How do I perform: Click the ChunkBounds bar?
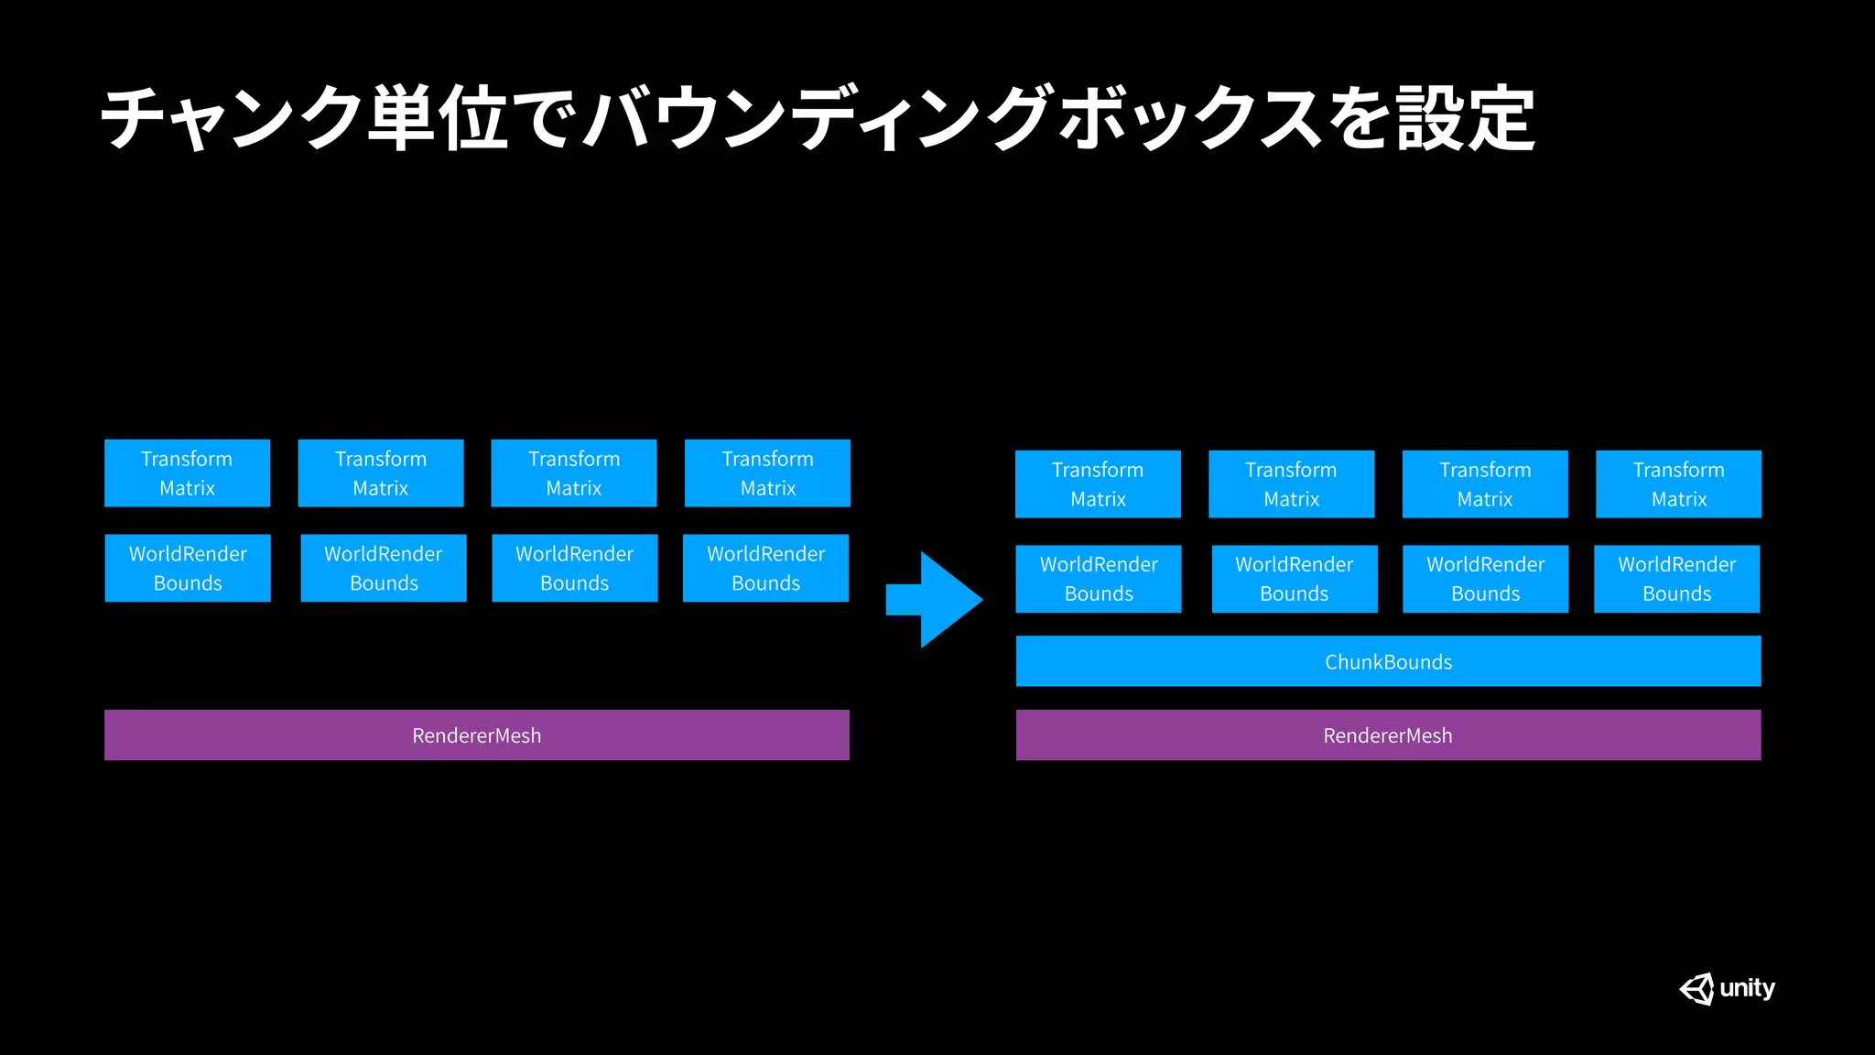[x=1388, y=661]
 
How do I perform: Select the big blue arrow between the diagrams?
[x=938, y=600]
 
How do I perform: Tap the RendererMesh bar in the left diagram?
[x=476, y=735]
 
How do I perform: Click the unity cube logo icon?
[x=1696, y=989]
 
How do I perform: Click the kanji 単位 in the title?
[x=438, y=119]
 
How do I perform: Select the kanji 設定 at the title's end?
[x=1465, y=119]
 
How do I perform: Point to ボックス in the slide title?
[x=1190, y=119]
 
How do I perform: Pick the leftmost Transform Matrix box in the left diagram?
[x=187, y=473]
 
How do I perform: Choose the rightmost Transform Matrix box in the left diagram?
[x=767, y=473]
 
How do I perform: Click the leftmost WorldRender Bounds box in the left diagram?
[x=188, y=568]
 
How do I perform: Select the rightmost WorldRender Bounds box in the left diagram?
[x=765, y=568]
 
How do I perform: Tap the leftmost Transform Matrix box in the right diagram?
[x=1098, y=484]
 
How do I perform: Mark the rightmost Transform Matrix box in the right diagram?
[x=1678, y=484]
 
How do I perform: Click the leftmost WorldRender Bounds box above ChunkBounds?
[x=1099, y=579]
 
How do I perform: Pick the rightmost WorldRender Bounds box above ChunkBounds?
[x=1676, y=579]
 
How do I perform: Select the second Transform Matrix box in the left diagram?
[x=381, y=473]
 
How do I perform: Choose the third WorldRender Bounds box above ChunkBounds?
[x=1485, y=579]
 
